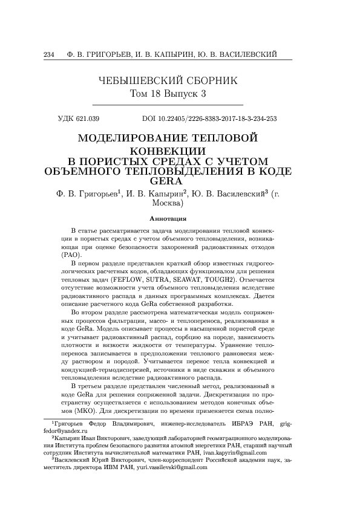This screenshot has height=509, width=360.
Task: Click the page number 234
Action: pyautogui.click(x=50, y=56)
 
